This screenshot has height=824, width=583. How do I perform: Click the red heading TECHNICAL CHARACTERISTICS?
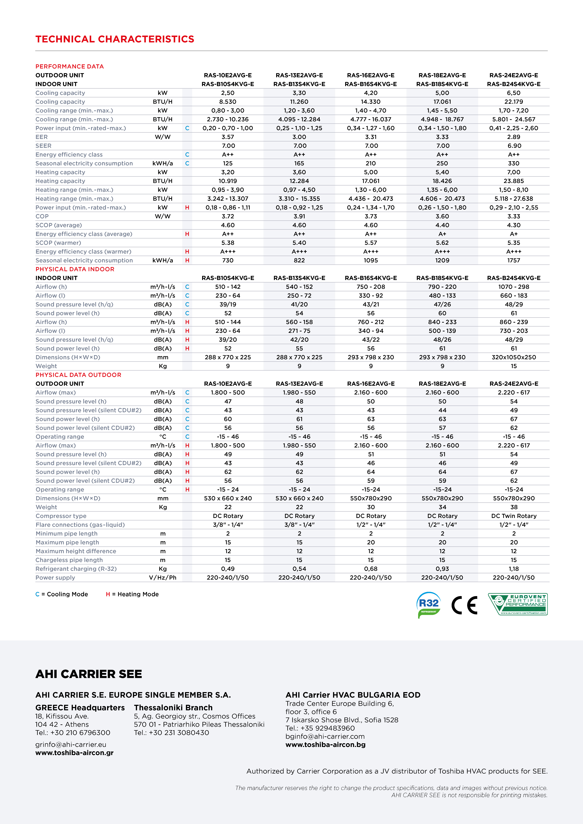point(115,39)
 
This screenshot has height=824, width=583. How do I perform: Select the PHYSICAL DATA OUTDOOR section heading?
point(78,375)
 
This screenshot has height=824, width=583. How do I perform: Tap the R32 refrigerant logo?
point(429,605)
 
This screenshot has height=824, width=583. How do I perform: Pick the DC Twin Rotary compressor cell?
point(514,516)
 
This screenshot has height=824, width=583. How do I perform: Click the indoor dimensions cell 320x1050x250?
point(514,357)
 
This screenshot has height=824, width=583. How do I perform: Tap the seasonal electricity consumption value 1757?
point(514,260)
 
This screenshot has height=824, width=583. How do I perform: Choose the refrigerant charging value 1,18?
point(514,568)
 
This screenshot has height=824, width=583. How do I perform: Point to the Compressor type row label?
point(61,516)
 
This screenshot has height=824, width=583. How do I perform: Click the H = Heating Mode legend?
point(132,594)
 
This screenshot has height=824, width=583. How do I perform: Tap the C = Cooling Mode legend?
point(62,594)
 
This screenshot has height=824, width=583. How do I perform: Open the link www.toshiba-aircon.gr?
point(74,753)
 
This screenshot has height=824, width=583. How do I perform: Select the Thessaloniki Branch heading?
point(173,707)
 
